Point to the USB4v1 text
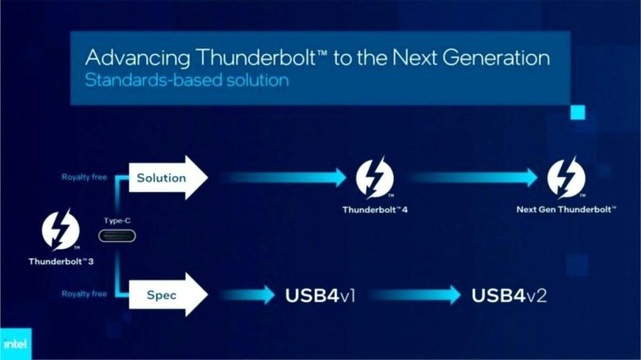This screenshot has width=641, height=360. click(x=320, y=295)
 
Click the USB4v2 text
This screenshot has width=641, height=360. click(x=509, y=295)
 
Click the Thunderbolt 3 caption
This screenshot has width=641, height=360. click(x=61, y=261)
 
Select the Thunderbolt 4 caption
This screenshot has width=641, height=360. click(x=374, y=210)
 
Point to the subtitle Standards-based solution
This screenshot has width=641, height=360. click(x=186, y=81)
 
